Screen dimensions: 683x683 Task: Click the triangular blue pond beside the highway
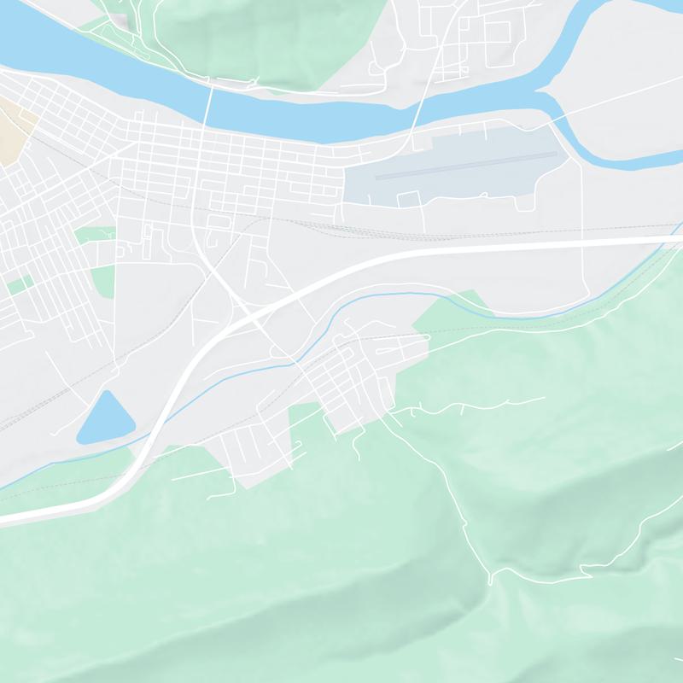(x=104, y=418)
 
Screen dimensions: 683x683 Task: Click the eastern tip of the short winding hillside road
(x=545, y=397)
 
